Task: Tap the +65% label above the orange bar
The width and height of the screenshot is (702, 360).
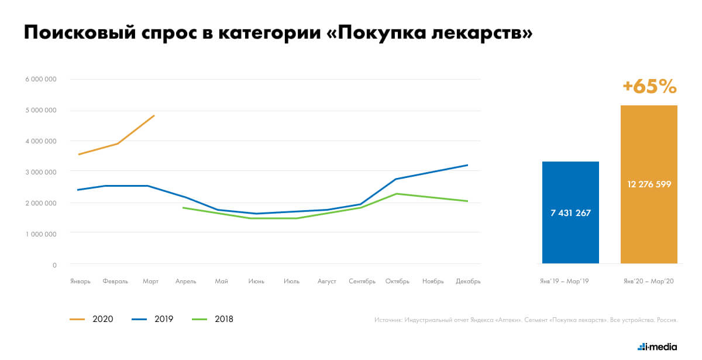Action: click(x=649, y=87)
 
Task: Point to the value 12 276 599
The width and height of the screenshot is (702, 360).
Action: click(x=649, y=184)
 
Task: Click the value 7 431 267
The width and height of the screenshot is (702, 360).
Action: click(x=570, y=213)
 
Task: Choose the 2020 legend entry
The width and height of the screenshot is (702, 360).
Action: click(x=92, y=319)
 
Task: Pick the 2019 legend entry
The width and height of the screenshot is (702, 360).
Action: click(x=154, y=319)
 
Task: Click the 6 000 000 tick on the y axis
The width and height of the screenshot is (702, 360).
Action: click(x=40, y=80)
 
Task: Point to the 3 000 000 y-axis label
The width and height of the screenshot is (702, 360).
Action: click(x=40, y=172)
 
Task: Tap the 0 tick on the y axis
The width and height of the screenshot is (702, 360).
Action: click(x=54, y=265)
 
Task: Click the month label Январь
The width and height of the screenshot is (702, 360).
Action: click(x=80, y=282)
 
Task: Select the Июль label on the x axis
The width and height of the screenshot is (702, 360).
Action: click(x=291, y=282)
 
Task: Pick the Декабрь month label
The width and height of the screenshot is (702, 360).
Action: click(x=468, y=282)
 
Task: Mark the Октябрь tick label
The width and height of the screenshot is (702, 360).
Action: click(x=397, y=282)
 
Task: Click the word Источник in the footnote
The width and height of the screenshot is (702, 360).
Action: click(x=387, y=320)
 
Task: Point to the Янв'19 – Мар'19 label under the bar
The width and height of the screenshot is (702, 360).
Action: click(x=565, y=282)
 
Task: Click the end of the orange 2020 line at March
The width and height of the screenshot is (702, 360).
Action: click(x=154, y=116)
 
